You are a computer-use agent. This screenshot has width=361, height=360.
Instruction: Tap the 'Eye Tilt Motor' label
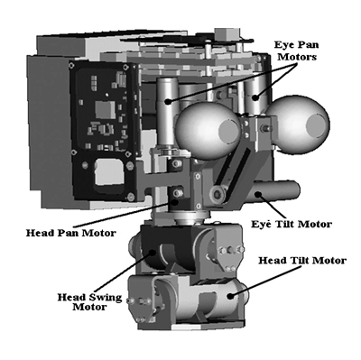[x=291, y=223]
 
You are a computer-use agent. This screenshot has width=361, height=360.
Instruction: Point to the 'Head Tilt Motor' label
[x=302, y=261]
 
